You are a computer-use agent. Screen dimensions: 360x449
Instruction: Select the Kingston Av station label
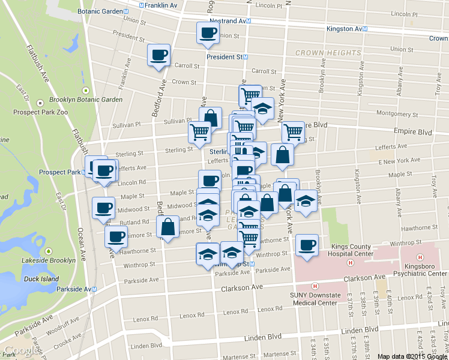344,29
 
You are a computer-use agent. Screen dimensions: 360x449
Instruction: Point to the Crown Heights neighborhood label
328,53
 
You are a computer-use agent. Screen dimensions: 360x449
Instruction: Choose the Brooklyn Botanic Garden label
86,100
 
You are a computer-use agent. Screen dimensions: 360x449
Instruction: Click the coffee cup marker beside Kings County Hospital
307,245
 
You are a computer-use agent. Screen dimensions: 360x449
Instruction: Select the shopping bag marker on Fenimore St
167,227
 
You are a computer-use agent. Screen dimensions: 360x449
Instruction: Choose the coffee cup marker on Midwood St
103,208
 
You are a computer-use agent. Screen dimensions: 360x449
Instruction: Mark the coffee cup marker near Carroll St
159,55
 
